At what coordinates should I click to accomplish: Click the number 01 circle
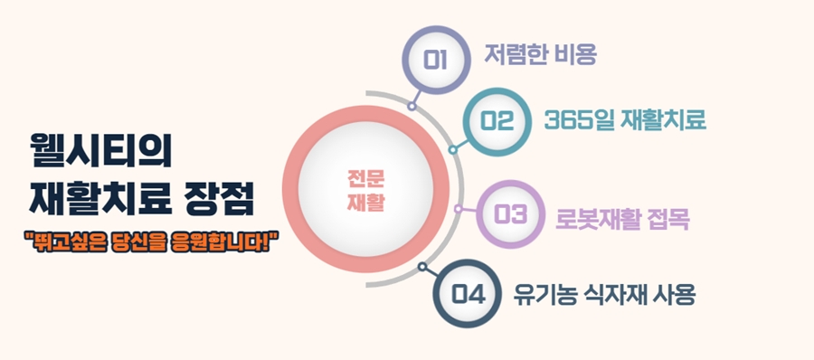(435, 60)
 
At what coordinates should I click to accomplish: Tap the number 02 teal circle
(497, 120)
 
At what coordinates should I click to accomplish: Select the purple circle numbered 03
(510, 214)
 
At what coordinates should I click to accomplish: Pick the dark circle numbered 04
(468, 294)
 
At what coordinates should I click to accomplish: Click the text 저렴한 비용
(541, 55)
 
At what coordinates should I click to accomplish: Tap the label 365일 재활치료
(625, 119)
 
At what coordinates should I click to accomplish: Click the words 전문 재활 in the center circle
(366, 188)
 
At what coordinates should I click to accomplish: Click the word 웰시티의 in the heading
(100, 147)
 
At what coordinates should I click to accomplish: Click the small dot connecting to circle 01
(412, 106)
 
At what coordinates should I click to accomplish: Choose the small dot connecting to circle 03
(459, 209)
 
